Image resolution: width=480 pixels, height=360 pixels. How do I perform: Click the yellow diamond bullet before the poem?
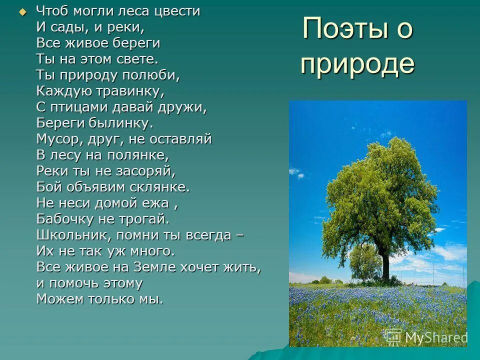[22, 12]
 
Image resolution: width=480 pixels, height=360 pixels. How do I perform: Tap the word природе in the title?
[357, 64]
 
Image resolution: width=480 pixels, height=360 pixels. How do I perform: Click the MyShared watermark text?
[435, 337]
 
